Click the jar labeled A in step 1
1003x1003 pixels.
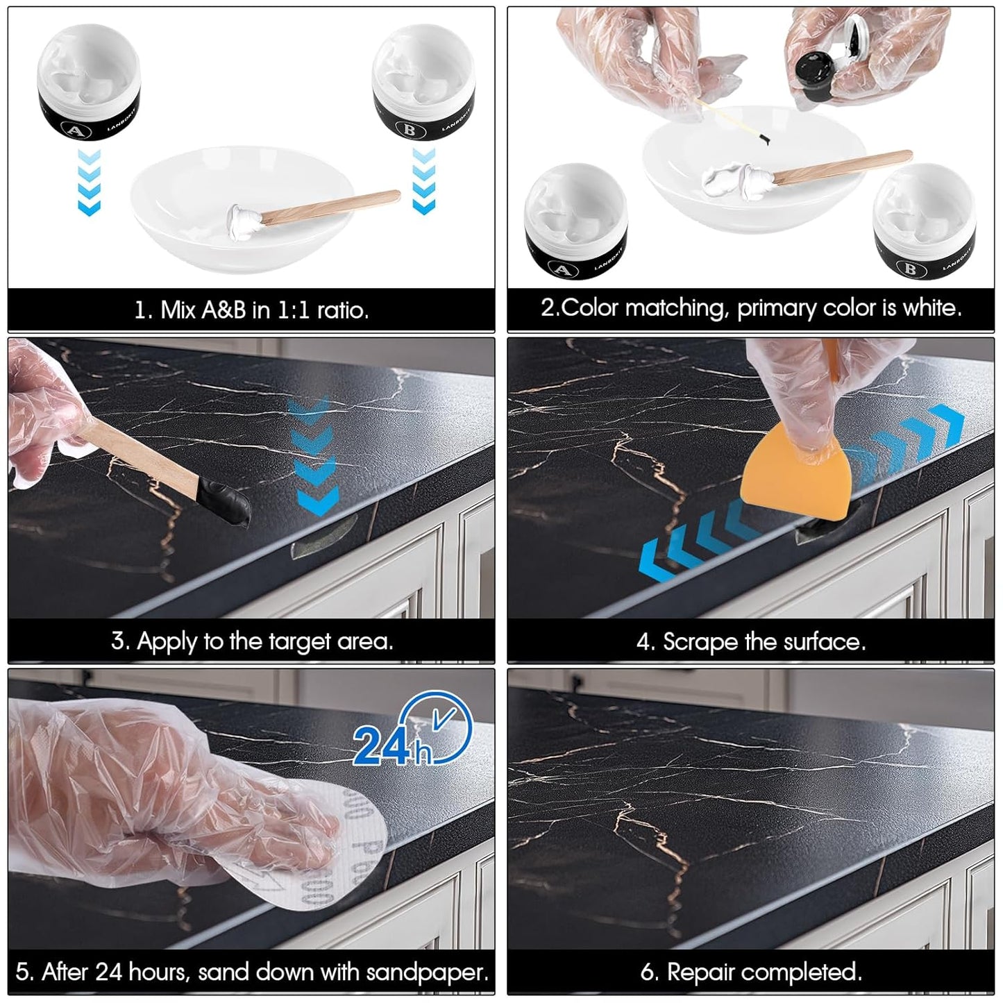click(88, 87)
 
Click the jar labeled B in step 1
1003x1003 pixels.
click(423, 87)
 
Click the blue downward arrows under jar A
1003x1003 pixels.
click(90, 180)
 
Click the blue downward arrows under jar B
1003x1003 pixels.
click(423, 180)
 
